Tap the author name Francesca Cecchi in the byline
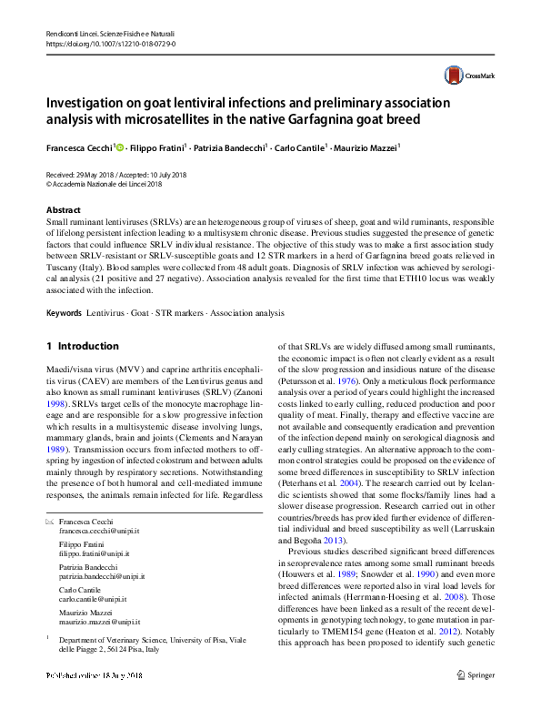(x=80, y=147)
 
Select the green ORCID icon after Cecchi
(x=120, y=147)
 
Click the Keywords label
(x=65, y=313)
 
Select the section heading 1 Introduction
(x=82, y=347)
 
